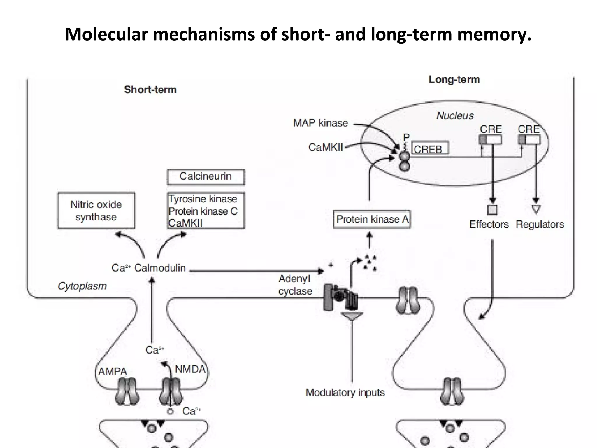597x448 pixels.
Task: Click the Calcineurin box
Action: point(206,177)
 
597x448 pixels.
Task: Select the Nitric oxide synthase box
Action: point(96,211)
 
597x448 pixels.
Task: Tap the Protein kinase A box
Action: point(372,219)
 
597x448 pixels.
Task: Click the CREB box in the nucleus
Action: point(430,148)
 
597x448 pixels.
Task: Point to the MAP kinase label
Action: point(320,123)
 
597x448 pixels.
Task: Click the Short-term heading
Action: point(150,90)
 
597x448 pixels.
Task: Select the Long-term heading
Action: point(454,79)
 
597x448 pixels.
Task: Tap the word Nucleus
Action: point(455,116)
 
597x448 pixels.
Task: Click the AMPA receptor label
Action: point(113,371)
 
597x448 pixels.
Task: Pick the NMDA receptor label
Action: point(190,369)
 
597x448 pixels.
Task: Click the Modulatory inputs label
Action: point(345,393)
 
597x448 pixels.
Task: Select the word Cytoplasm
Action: point(82,286)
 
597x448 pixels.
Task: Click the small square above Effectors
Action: point(492,210)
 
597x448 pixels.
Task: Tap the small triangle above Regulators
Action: point(536,209)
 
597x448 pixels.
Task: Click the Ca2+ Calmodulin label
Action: point(148,268)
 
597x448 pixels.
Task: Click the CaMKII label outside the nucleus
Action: point(326,147)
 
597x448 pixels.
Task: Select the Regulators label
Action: point(540,225)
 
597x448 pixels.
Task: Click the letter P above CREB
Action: point(406,137)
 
